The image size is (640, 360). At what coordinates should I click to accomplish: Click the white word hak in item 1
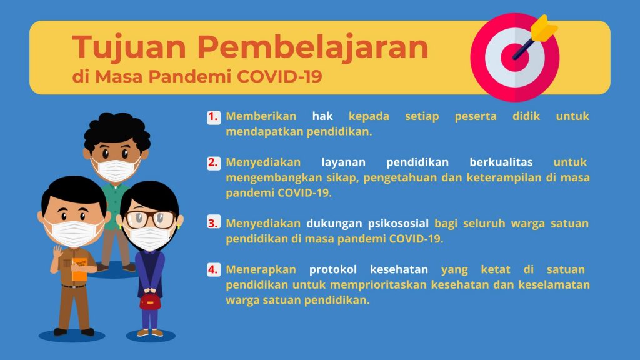point(322,116)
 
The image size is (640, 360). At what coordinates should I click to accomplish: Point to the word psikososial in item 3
point(397,223)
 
